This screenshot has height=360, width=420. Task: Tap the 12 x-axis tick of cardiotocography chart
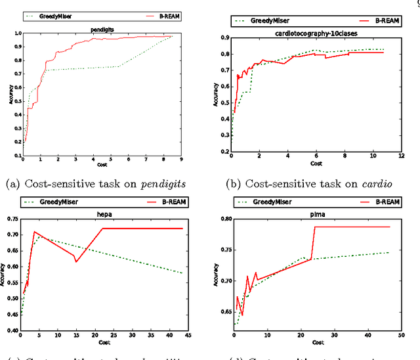point(401,156)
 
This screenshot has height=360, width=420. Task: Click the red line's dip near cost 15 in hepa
point(77,262)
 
